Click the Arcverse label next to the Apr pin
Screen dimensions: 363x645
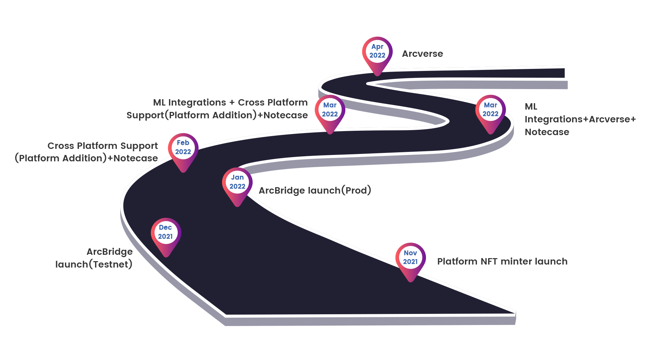point(422,54)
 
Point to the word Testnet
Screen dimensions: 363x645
point(111,265)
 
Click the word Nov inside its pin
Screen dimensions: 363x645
point(410,253)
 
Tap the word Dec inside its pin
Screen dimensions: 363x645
point(165,228)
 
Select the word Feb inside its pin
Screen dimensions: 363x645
point(183,143)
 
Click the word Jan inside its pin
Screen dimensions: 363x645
point(237,177)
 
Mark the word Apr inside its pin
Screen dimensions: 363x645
point(377,47)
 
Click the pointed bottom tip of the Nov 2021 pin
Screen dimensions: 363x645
point(411,281)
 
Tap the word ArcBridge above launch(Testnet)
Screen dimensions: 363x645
point(110,252)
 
